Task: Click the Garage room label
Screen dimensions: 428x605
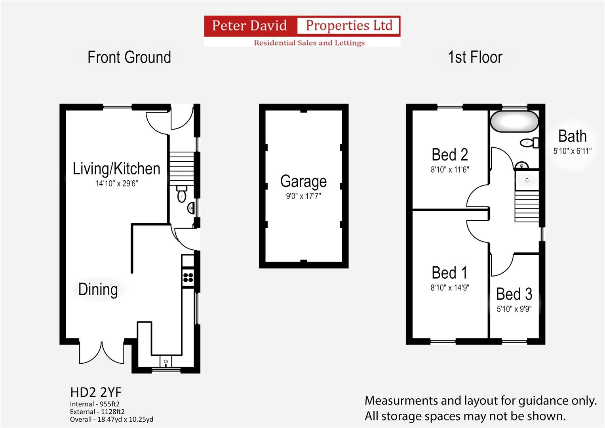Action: (303, 181)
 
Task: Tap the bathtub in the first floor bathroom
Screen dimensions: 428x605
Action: (514, 121)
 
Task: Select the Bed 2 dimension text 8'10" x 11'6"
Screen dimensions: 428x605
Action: (450, 170)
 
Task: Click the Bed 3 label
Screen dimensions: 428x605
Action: (514, 294)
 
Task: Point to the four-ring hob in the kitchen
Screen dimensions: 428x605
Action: (188, 277)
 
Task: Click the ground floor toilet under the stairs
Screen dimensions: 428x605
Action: (182, 194)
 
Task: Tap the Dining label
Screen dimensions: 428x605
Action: (98, 289)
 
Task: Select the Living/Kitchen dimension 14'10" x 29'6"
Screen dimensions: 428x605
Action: (116, 183)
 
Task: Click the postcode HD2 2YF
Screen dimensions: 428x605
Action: (96, 392)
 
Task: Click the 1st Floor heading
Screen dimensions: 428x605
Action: (475, 57)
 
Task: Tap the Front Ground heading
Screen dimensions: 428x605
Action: (129, 57)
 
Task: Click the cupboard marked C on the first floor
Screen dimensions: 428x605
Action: (527, 180)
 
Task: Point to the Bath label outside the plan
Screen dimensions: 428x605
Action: (572, 136)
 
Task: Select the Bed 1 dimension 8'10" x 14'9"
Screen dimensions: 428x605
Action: (450, 288)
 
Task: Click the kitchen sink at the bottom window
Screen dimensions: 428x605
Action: (166, 361)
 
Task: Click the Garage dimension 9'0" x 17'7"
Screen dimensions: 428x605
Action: (303, 196)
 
